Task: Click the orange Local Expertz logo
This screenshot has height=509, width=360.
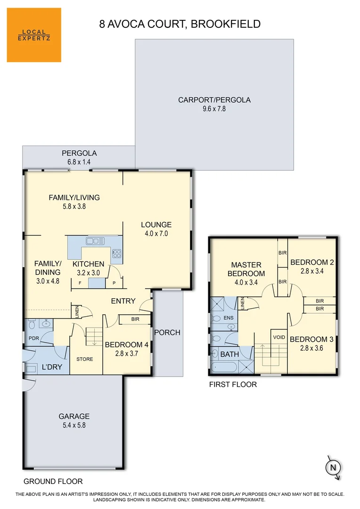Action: click(34, 35)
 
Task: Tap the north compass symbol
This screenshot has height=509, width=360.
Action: click(333, 468)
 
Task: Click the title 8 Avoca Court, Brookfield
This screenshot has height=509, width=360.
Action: click(180, 24)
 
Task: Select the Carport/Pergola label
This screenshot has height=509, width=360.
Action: click(214, 100)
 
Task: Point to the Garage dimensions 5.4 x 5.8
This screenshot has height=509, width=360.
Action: click(74, 425)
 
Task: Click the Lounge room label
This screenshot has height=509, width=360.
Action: click(156, 225)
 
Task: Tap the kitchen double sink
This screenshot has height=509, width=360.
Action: click(95, 241)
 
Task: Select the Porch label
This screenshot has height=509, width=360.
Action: click(167, 332)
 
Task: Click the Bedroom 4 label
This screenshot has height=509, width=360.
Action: click(126, 345)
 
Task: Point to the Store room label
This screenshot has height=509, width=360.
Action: click(85, 359)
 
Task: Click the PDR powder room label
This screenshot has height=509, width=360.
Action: click(34, 338)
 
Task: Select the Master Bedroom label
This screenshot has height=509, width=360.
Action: click(246, 269)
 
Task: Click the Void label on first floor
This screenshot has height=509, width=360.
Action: click(279, 337)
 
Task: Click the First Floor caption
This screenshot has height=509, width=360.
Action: click(233, 384)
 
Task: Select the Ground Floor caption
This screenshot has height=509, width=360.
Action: click(53, 481)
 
